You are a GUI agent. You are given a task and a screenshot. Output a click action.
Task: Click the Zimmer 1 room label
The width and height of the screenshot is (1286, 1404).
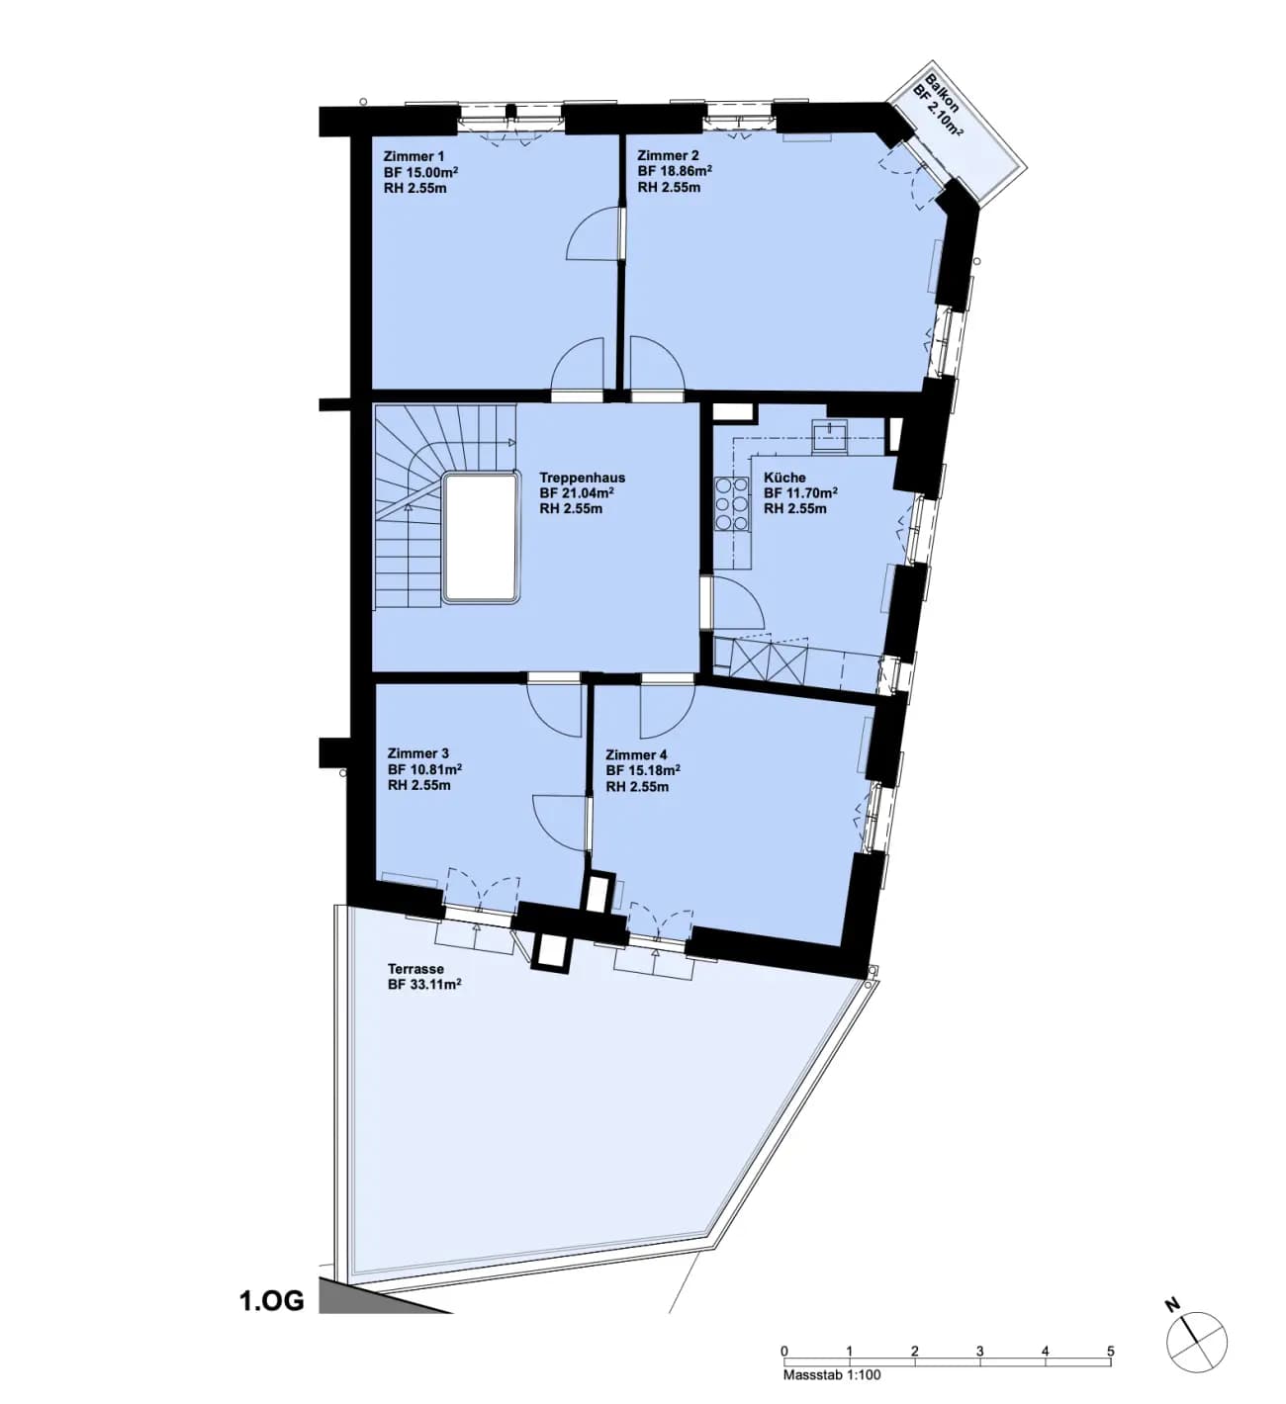413,156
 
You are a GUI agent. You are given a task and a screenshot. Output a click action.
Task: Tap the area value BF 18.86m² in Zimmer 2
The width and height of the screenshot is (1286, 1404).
675,171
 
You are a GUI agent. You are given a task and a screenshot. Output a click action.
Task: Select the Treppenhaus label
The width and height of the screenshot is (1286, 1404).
582,478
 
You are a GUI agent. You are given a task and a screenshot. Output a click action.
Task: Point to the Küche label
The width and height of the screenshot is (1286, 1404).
784,478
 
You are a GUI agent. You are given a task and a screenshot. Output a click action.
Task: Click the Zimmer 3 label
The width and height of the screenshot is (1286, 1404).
418,753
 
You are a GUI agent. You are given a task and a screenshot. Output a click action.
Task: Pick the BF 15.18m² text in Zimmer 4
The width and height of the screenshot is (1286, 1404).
643,770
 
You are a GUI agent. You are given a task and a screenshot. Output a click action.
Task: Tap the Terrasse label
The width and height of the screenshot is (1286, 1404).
416,969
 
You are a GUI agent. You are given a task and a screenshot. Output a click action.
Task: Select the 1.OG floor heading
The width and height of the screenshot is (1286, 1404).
272,1301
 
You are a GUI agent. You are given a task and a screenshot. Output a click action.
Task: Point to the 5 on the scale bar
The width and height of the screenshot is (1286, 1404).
1111,1351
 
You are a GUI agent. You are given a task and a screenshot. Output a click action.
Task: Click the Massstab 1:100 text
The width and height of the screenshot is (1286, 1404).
832,1374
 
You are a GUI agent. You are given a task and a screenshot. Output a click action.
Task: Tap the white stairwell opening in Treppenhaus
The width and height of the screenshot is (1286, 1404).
481,538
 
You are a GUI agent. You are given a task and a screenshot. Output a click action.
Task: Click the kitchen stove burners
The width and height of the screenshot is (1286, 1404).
731,504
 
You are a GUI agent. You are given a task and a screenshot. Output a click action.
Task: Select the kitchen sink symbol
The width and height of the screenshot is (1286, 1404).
829,433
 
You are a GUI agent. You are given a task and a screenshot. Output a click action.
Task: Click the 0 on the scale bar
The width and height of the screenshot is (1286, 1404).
783,1351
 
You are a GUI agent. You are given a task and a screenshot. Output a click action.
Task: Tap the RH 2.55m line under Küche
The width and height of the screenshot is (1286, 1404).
795,509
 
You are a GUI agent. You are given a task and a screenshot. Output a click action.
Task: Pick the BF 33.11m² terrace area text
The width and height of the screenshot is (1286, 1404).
424,985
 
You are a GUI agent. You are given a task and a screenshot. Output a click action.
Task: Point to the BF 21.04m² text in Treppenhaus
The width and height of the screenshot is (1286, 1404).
577,493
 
